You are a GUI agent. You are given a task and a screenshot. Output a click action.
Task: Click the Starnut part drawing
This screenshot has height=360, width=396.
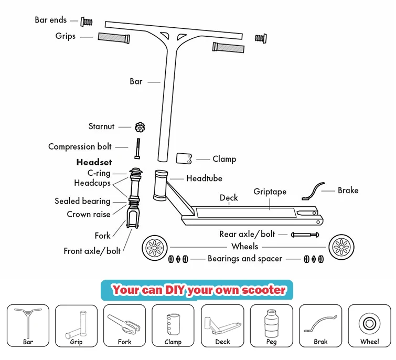[140, 126]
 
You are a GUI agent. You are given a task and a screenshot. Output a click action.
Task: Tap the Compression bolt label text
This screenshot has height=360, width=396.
[80, 147]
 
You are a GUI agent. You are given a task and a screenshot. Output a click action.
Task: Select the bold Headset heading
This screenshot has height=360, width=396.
[94, 162]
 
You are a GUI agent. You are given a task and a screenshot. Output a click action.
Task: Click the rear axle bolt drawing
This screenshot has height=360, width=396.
[305, 234]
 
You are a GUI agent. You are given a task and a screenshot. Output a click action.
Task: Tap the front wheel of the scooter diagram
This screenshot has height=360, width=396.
[155, 247]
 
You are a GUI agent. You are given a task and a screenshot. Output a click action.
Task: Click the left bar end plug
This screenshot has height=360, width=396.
[86, 22]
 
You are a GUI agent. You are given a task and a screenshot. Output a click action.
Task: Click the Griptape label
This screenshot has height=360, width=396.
[270, 192]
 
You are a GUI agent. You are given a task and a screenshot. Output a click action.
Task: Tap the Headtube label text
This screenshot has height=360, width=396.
[204, 178]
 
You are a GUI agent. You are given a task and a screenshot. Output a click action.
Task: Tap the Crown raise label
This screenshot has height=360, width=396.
[89, 214]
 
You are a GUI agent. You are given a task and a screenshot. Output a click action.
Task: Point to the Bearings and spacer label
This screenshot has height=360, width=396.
[245, 259]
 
